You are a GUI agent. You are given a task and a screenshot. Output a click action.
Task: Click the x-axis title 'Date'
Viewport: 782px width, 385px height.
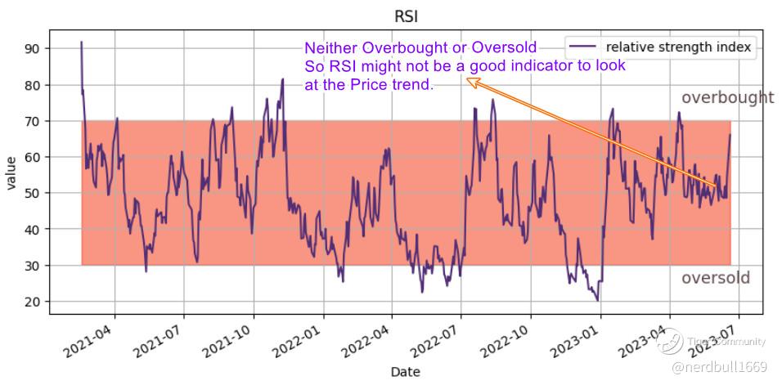point(406,372)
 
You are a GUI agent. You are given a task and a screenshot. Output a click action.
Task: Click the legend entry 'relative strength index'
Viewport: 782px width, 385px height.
point(678,47)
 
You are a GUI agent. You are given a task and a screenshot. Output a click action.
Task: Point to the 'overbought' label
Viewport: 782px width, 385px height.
point(727,98)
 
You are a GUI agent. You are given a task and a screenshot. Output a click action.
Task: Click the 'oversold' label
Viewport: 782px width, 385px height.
point(715,278)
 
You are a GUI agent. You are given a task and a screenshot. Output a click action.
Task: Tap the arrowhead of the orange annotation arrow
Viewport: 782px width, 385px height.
point(470,80)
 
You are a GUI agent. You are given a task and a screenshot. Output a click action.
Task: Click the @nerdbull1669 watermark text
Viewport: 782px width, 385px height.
point(721,368)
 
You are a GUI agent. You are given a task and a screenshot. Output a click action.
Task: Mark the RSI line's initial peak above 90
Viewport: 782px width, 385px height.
point(81,43)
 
